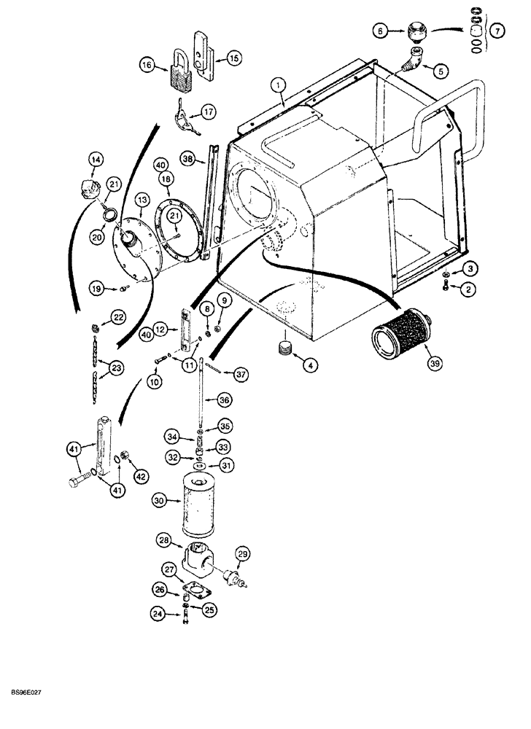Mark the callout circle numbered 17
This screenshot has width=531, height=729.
click(209, 112)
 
